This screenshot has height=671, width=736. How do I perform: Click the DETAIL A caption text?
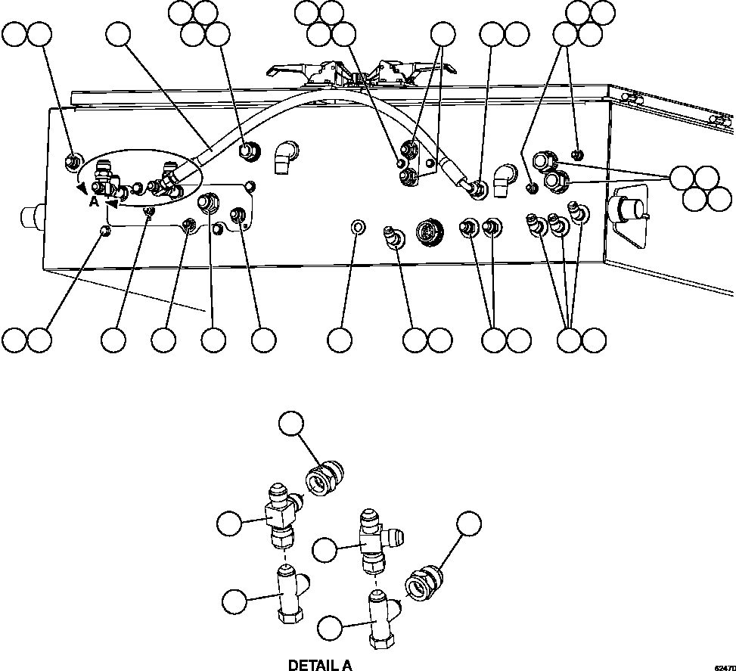pos(320,665)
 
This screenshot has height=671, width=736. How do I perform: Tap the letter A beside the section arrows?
pos(93,202)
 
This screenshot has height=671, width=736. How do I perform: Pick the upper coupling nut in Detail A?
pos(321,476)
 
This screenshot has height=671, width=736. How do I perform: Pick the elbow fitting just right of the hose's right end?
pos(502,179)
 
